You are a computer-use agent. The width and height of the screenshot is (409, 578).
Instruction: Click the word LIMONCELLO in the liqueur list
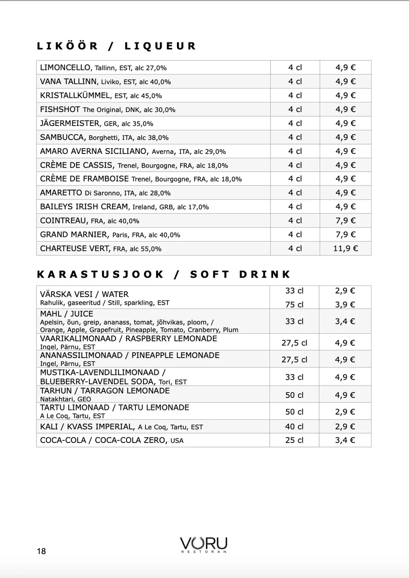click(65, 68)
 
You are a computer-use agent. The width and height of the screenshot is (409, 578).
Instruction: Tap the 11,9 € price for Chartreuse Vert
click(345, 248)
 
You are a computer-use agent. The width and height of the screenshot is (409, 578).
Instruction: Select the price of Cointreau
click(345, 220)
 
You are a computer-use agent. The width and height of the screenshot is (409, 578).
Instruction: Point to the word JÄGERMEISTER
click(70, 123)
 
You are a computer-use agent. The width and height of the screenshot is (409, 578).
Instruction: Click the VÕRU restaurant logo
click(204, 544)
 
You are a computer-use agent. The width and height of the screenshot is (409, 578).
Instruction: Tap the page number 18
click(42, 551)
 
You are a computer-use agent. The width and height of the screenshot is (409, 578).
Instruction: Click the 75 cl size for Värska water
click(294, 305)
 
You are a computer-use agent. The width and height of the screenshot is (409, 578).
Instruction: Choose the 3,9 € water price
click(345, 305)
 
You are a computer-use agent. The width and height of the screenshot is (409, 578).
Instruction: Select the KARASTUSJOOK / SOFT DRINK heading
click(163, 275)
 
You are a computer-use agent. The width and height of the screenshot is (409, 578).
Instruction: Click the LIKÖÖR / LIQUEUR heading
click(116, 46)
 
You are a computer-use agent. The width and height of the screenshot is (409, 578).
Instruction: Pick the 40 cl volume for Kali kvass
click(294, 427)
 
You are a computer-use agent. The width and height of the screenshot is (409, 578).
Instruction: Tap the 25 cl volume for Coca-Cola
click(294, 440)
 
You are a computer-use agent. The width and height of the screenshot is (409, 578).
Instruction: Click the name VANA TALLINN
click(68, 82)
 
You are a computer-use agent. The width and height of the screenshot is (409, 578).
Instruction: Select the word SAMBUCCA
click(62, 137)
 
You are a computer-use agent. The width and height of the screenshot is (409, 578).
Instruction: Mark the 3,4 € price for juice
click(345, 322)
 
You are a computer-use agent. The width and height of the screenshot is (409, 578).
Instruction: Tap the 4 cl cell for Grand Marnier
click(295, 234)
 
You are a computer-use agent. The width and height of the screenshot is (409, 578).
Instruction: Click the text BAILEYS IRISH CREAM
click(84, 207)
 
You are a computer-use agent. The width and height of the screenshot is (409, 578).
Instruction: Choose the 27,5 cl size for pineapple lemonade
click(294, 360)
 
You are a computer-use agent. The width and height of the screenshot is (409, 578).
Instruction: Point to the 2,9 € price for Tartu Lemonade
click(345, 412)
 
